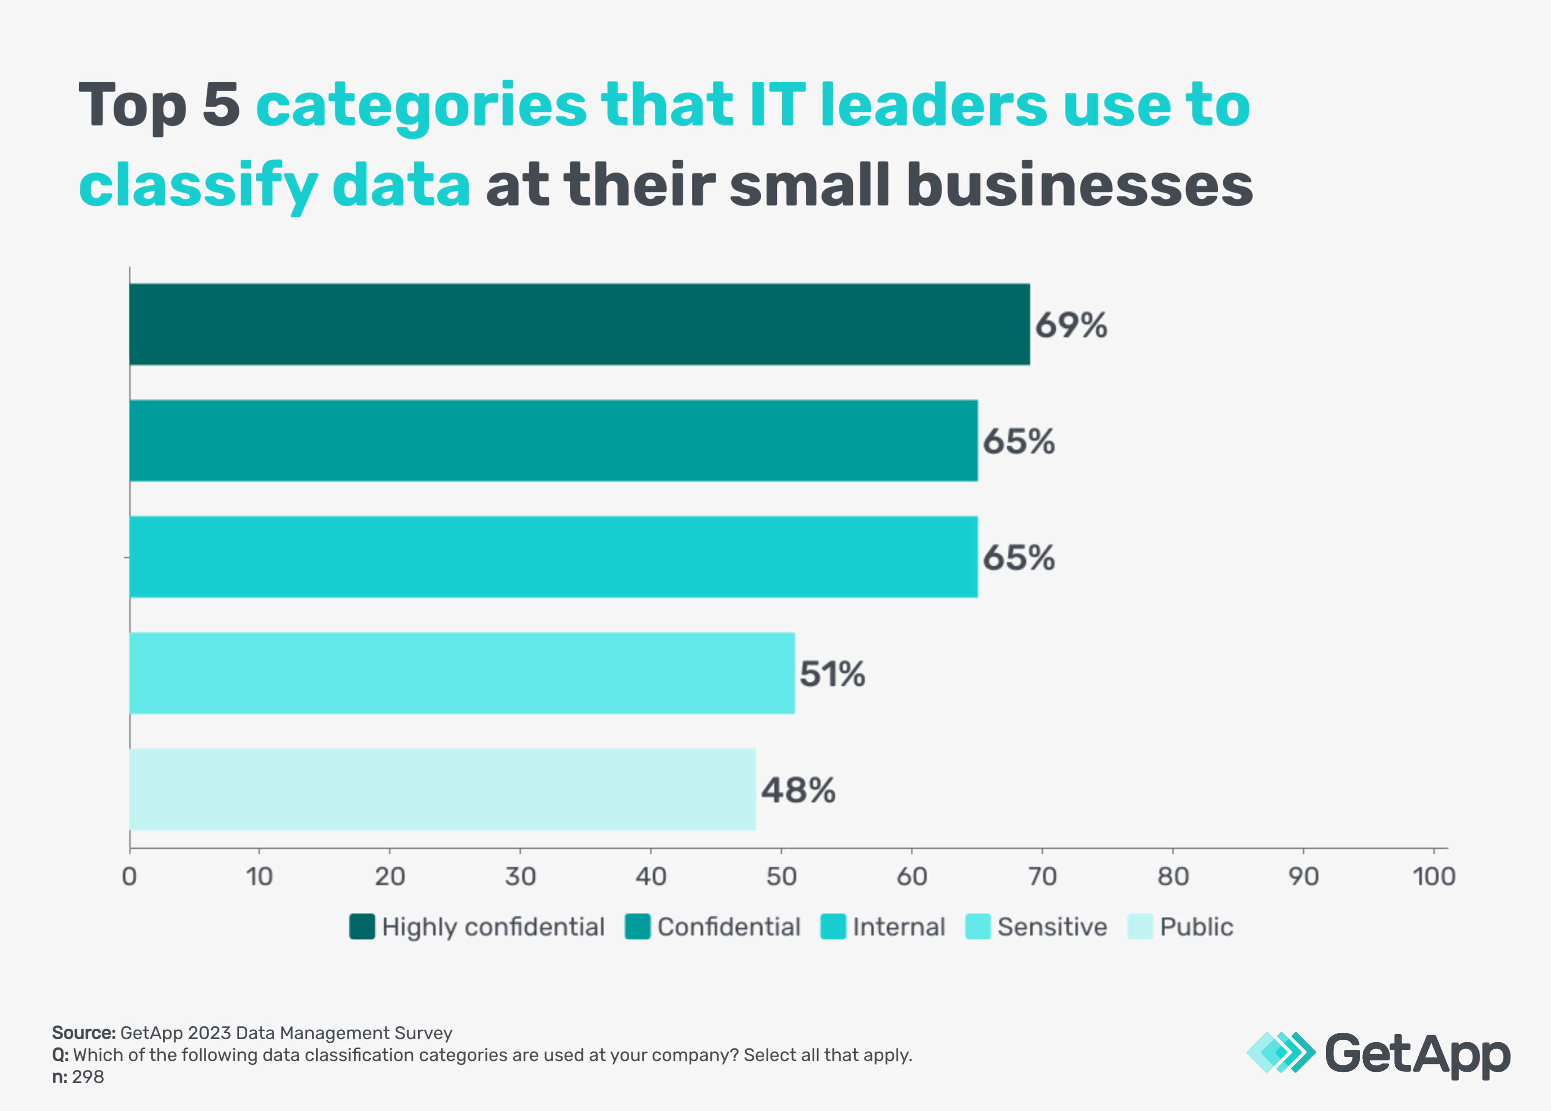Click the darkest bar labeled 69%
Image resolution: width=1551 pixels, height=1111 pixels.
tap(579, 324)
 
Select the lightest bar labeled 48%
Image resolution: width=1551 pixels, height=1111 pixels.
tap(442, 789)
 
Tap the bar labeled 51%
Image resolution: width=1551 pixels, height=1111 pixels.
tap(462, 673)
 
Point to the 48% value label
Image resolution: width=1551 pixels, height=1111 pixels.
tap(797, 790)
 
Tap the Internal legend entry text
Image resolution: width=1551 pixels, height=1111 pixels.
tap(898, 927)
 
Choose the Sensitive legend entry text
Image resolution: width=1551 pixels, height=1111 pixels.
tap(1052, 927)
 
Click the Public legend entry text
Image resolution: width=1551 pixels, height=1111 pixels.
tap(1196, 927)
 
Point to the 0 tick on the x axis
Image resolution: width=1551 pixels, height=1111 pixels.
tap(129, 876)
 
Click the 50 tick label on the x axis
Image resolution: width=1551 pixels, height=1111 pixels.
tap(781, 876)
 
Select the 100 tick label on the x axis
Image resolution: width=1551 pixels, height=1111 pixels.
tap(1433, 876)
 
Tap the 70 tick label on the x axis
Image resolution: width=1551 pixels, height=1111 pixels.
tap(1042, 876)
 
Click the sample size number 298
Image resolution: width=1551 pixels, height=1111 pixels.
tap(88, 1077)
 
